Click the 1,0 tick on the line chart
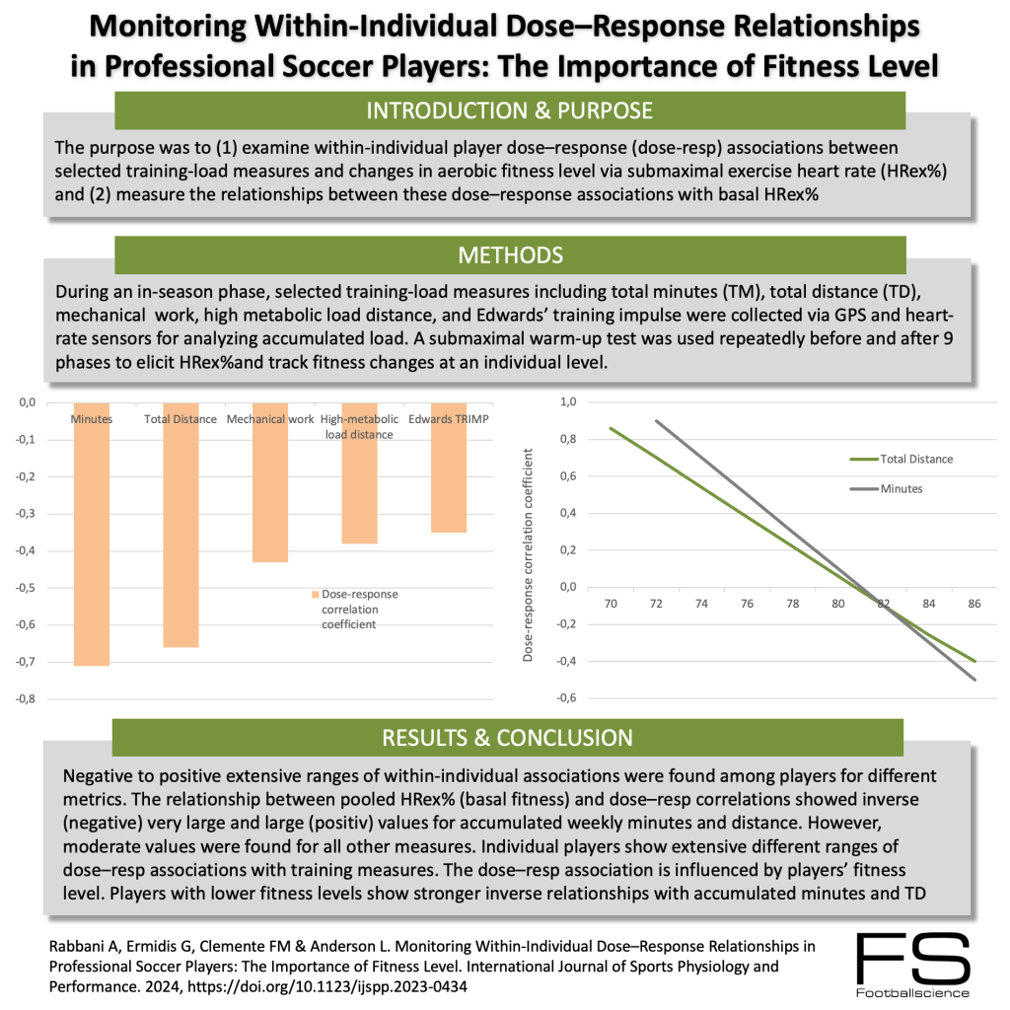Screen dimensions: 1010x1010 pyautogui.click(x=567, y=402)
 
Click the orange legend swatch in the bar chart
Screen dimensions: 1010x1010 pyautogui.click(x=316, y=596)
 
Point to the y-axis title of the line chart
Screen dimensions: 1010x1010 pyautogui.click(x=529, y=557)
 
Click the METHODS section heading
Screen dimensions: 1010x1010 pyautogui.click(x=510, y=255)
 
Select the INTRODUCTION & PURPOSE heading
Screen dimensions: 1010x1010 pyautogui.click(x=510, y=109)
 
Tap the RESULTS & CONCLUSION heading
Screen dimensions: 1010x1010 pyautogui.click(x=507, y=738)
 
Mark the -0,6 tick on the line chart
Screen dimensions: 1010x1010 pyautogui.click(x=565, y=699)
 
